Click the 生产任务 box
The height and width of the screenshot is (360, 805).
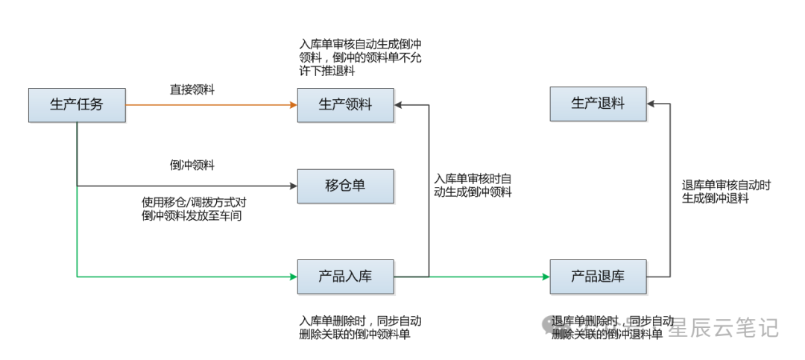click(x=77, y=105)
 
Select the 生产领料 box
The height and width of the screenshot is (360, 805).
click(x=345, y=105)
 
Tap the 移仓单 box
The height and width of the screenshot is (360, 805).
click(x=345, y=186)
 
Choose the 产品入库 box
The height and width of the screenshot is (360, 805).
click(x=345, y=277)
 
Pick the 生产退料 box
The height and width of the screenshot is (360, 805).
click(x=598, y=104)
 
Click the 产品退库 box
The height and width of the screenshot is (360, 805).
click(x=598, y=277)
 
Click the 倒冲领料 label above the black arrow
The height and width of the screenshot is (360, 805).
click(x=192, y=165)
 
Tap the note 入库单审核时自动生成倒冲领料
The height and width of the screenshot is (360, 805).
click(x=473, y=186)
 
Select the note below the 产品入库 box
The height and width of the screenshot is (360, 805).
click(x=360, y=328)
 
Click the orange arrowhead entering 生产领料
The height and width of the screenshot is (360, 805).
click(x=294, y=105)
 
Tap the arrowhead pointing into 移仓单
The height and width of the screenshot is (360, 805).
click(x=294, y=186)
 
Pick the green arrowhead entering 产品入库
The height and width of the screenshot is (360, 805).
click(x=294, y=277)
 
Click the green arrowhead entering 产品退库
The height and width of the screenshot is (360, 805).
click(x=546, y=277)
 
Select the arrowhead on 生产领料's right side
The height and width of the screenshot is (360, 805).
click(x=399, y=105)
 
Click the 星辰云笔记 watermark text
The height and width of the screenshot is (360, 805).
click(x=722, y=326)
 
